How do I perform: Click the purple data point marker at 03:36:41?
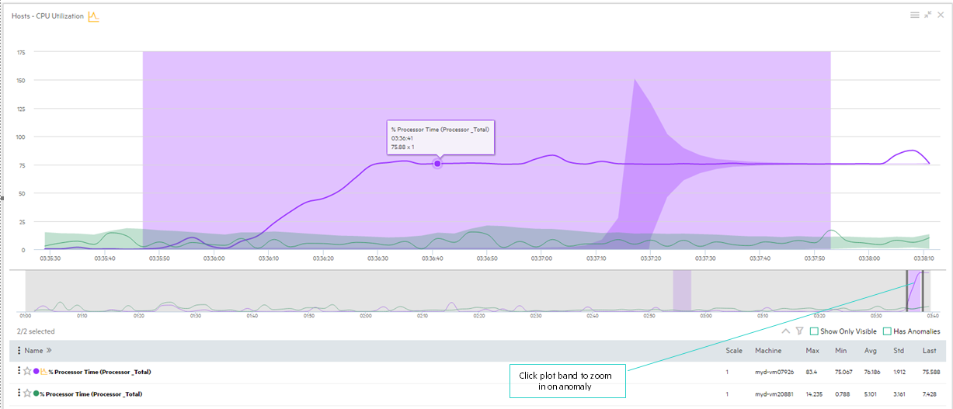pyautogui.click(x=437, y=163)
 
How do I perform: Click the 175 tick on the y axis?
pyautogui.click(x=21, y=53)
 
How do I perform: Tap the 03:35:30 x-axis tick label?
pyautogui.click(x=50, y=258)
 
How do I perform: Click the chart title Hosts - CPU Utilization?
pyautogui.click(x=47, y=16)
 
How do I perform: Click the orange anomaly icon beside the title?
pyautogui.click(x=93, y=16)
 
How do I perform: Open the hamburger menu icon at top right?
pyautogui.click(x=915, y=15)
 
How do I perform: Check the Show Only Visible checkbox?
pyautogui.click(x=814, y=331)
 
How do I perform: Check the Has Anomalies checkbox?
pyautogui.click(x=887, y=331)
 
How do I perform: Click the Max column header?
pyautogui.click(x=812, y=351)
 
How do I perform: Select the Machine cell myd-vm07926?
pyautogui.click(x=774, y=372)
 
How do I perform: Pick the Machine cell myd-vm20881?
pyautogui.click(x=774, y=393)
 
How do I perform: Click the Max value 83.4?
pyautogui.click(x=812, y=372)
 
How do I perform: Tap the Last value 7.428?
pyautogui.click(x=929, y=393)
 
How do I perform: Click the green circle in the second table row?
pyautogui.click(x=36, y=393)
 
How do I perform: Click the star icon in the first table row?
pyautogui.click(x=26, y=372)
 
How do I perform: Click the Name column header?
pyautogui.click(x=33, y=351)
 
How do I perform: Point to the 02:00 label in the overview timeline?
pyautogui.click(x=366, y=316)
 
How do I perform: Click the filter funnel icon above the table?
pyautogui.click(x=799, y=331)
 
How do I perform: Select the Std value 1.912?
pyautogui.click(x=899, y=372)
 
